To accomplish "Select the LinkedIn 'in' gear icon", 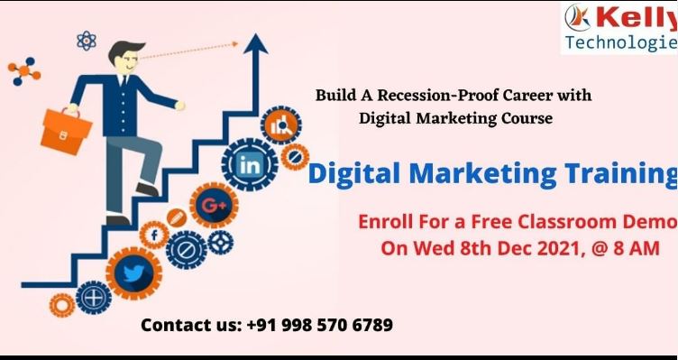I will (x=250, y=165).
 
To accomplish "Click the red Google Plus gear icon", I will (x=214, y=204).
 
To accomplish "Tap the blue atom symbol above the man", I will (x=87, y=40).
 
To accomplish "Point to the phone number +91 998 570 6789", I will (x=319, y=325).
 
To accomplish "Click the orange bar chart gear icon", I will (x=279, y=126).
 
